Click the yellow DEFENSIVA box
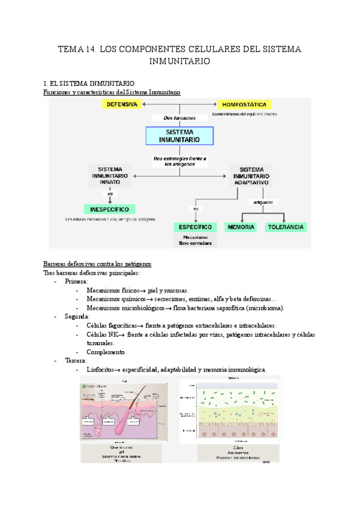pos(122,104)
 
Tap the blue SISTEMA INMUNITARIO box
pos(180,136)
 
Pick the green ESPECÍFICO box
pos(195,227)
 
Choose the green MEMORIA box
pos(240,227)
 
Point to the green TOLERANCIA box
pos(286,227)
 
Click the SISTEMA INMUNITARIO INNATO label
pos(110,175)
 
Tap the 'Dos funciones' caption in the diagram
pos(180,118)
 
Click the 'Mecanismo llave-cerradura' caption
pos(195,240)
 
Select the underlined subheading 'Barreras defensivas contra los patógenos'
pos(98,264)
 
